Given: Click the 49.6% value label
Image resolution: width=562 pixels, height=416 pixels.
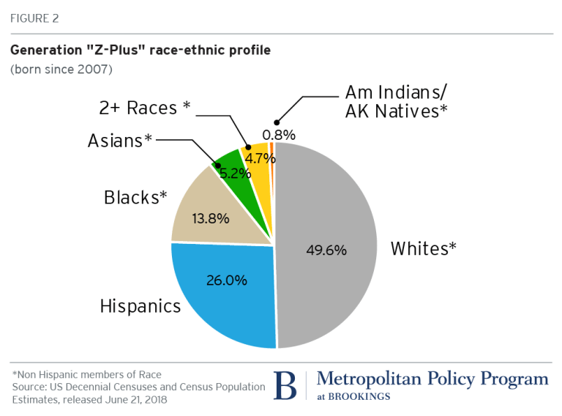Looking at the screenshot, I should [x=327, y=250].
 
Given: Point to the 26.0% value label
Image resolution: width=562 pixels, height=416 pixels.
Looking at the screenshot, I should [x=227, y=280].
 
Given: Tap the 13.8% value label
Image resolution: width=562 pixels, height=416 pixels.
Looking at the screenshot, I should [x=210, y=218].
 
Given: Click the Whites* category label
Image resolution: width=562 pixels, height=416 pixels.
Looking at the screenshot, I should [x=424, y=248].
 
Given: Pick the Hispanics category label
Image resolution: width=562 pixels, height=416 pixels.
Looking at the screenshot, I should [x=140, y=305].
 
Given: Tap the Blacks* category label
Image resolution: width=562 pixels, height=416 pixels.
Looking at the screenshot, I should [x=135, y=198].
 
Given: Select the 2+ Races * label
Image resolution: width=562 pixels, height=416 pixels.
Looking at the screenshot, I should [x=144, y=108].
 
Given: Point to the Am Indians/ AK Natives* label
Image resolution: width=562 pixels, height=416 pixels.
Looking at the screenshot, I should [x=396, y=103].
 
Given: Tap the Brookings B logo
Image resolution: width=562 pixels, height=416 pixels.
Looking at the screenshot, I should [x=285, y=385].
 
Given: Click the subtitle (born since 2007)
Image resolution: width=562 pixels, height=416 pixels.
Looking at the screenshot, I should [x=61, y=70].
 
